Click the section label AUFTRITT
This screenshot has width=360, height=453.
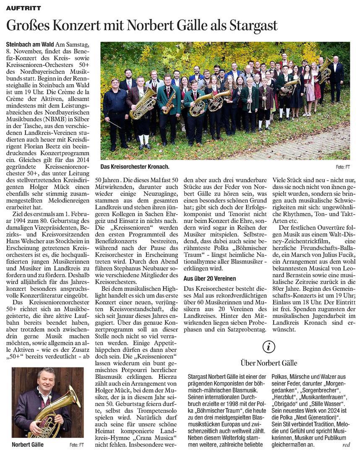(x=23, y=8)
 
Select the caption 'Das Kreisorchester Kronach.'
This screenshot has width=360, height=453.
(x=135, y=167)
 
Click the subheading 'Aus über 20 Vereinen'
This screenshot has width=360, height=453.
(x=210, y=279)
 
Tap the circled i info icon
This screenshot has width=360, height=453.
(x=269, y=346)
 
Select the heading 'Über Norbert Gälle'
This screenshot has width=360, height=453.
(x=269, y=362)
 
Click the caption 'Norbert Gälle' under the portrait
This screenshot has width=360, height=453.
(x=28, y=445)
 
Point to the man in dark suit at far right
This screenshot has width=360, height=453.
(x=336, y=78)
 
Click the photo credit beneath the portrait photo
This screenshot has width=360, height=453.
(x=76, y=445)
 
